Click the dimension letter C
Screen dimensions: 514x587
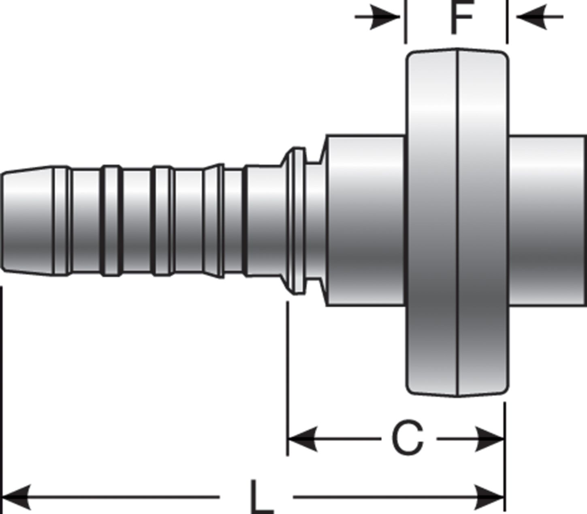tap(408, 439)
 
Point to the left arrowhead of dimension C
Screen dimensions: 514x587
tap(302, 439)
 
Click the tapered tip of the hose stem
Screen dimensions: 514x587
tap(26, 221)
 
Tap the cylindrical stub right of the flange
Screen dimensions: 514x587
tap(547, 221)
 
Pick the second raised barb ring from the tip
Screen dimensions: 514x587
tap(111, 221)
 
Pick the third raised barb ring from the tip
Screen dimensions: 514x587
tap(162, 221)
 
